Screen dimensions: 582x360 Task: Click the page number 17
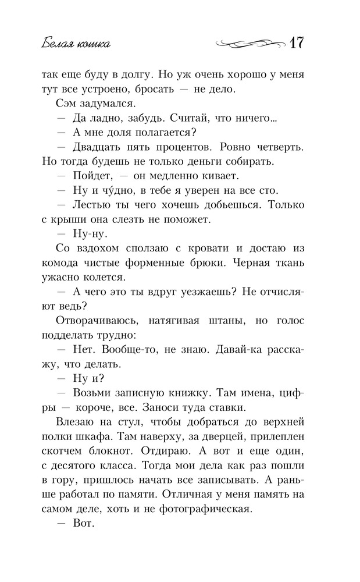297,44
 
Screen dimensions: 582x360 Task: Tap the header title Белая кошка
77,44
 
